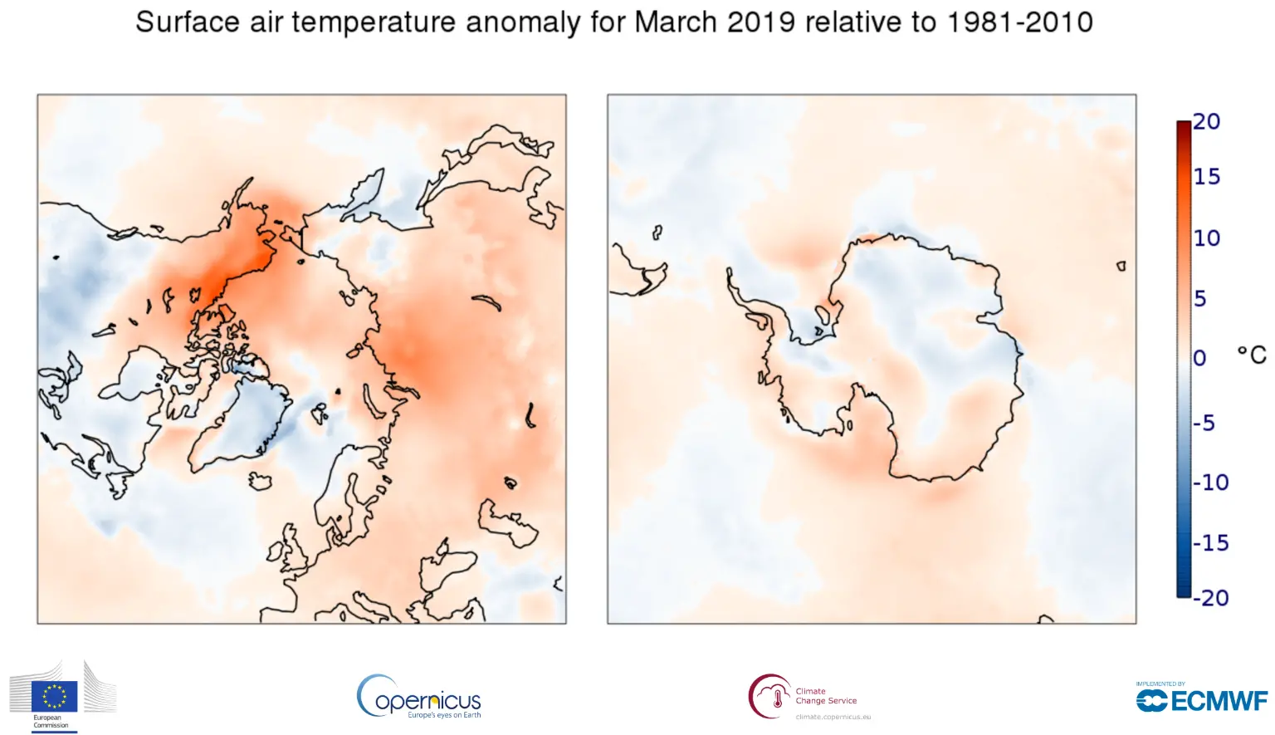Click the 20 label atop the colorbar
1206,121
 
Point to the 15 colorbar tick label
1206,176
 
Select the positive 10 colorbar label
1206,238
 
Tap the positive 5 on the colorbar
1199,298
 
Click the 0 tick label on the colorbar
1199,358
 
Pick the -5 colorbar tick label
1204,423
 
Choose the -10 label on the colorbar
1210,483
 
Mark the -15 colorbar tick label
1210,543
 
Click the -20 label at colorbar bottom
1210,598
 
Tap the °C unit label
1251,355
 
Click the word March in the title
677,22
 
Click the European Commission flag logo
55,696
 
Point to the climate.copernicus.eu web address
833,717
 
